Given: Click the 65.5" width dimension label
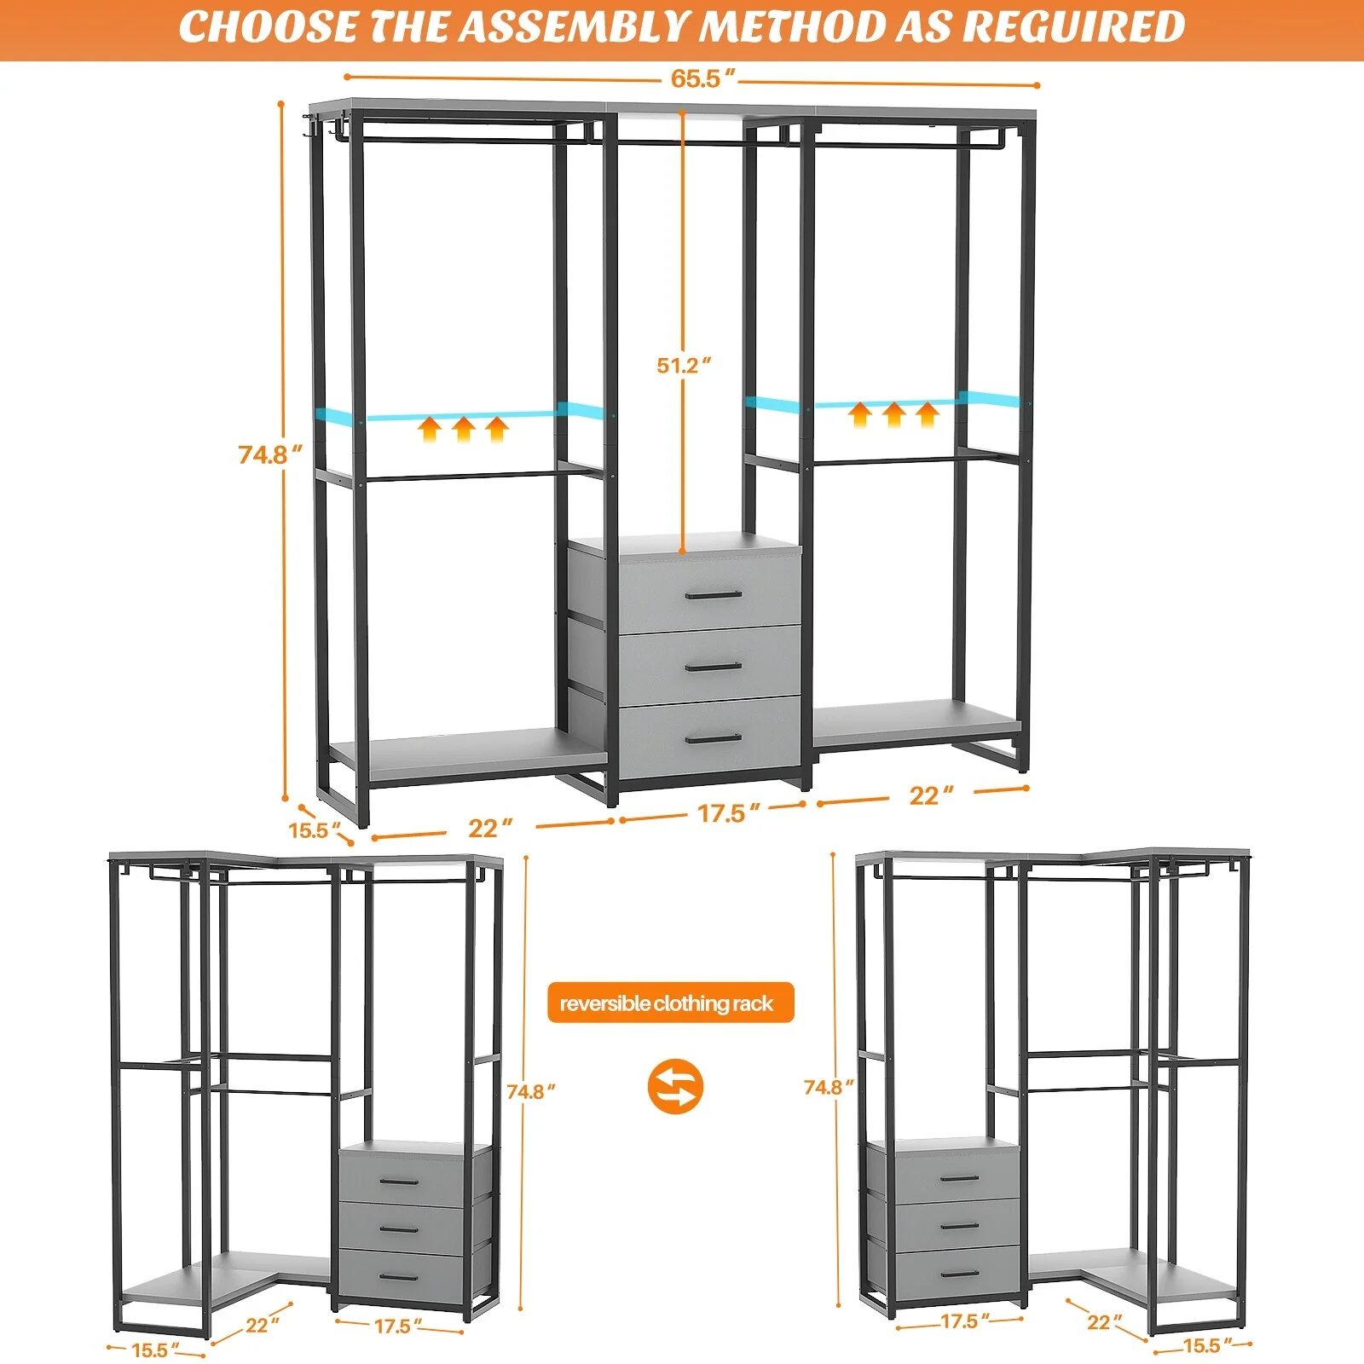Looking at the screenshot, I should [x=702, y=78].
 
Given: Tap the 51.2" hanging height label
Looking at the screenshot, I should [x=683, y=365].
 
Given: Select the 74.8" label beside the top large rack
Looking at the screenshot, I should [x=269, y=454].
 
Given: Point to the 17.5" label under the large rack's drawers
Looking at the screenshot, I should [x=727, y=812].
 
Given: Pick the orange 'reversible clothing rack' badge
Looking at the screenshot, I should [x=670, y=1003].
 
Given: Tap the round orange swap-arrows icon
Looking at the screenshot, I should [x=675, y=1086].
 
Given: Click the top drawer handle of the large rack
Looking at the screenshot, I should [x=714, y=594].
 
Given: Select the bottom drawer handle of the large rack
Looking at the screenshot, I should [x=713, y=738].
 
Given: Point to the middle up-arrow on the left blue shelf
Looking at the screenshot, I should [x=463, y=429].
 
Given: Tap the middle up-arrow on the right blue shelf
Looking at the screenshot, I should [x=893, y=415].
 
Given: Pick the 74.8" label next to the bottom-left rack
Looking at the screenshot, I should [x=530, y=1091].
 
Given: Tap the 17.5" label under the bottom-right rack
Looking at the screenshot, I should [x=964, y=1321].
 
